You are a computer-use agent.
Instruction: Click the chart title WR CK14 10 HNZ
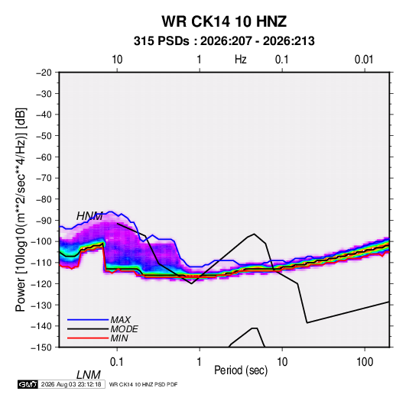pos(224,21)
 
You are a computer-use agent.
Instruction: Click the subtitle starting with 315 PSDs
pos(224,41)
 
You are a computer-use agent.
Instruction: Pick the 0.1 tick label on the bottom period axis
pos(117,362)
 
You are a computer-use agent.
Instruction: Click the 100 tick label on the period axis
pos(365,362)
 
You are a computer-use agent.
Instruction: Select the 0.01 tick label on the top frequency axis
pos(364,60)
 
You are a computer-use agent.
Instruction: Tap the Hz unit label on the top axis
pos(241,60)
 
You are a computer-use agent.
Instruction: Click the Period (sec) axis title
pos(241,370)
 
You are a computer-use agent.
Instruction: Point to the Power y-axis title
pos(21,210)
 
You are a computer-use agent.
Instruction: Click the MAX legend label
pos(121,320)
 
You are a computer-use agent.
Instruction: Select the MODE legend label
pos(124,329)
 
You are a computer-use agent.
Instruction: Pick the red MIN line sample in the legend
pos(88,338)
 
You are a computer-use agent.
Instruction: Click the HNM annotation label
pos(89,216)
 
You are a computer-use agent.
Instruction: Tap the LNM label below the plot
pos(89,375)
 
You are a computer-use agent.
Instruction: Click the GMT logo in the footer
pos(28,384)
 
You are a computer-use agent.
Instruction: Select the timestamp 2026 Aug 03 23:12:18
pos(71,384)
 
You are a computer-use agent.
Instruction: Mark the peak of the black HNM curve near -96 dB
pos(254,234)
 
